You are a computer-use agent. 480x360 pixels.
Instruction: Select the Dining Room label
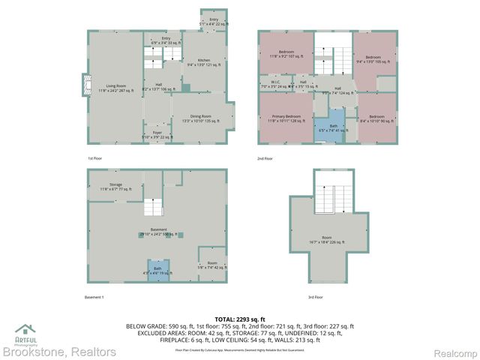tap(200, 118)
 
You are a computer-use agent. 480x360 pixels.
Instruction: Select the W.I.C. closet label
tap(271, 84)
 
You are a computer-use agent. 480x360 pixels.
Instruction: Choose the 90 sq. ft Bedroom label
tap(376, 118)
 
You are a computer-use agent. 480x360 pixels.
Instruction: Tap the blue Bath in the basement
tap(157, 270)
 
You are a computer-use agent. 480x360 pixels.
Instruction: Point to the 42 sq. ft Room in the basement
tap(212, 264)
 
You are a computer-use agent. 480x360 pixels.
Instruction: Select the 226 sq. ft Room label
tap(327, 240)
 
